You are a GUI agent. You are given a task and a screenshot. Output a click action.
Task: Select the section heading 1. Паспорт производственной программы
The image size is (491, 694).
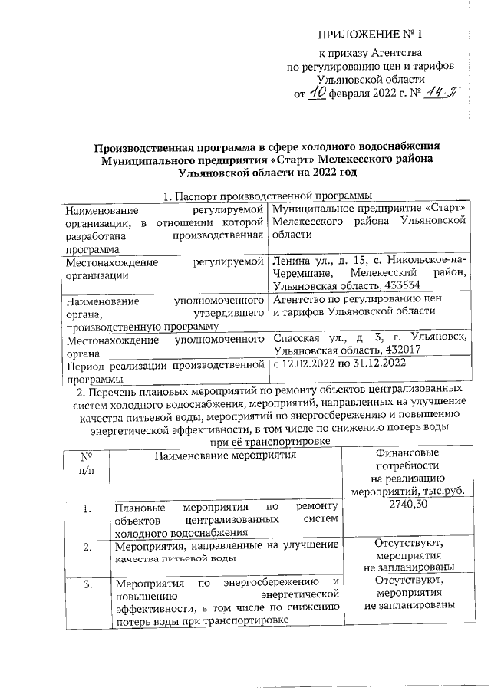pyautogui.click(x=262, y=196)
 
